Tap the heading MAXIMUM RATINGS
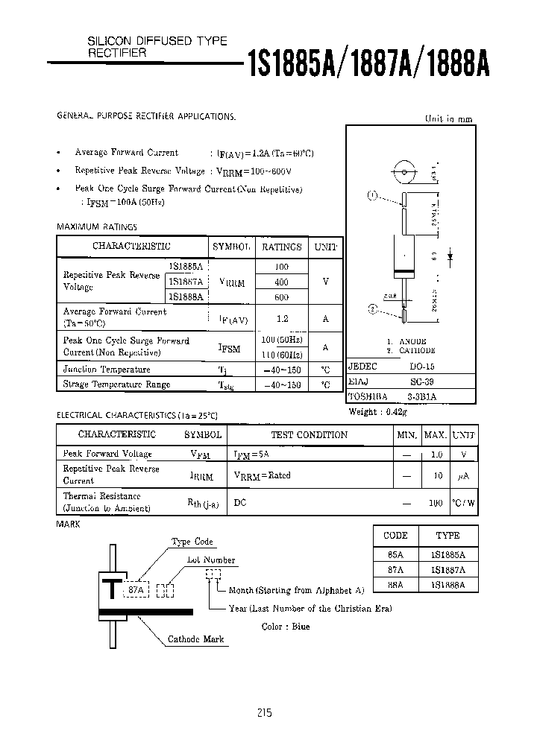97,226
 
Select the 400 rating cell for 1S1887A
281,282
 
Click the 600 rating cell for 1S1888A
281,297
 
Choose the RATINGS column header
281,247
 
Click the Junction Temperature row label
107,370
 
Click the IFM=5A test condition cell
251,454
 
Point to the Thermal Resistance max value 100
436,503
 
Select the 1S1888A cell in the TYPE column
447,586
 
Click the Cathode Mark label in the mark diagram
195,639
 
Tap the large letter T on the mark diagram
113,589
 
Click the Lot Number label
211,560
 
